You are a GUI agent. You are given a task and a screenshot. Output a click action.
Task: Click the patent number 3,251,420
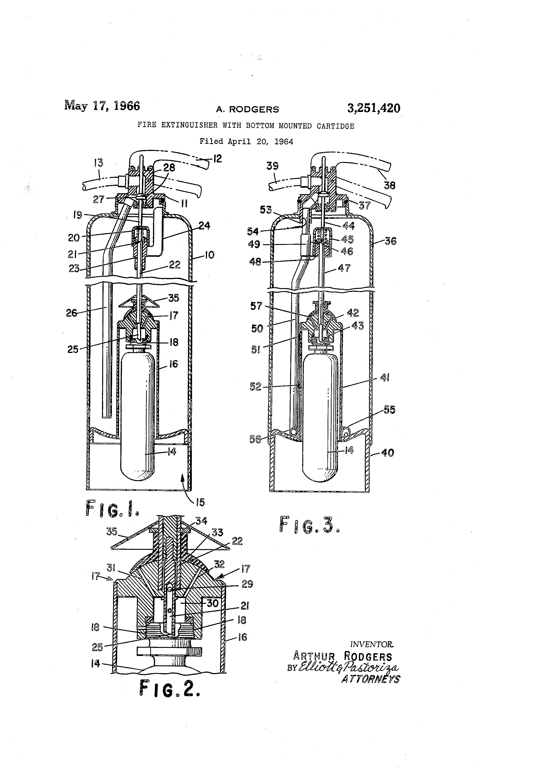point(374,108)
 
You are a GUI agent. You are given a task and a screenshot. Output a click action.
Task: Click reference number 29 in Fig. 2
point(247,584)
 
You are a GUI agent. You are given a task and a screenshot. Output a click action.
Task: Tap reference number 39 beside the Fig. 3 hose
point(272,166)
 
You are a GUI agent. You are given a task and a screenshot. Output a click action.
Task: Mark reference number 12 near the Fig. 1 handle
point(218,159)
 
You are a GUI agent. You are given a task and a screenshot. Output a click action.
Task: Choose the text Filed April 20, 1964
point(246,142)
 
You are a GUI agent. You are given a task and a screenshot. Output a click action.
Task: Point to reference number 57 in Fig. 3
point(256,306)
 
